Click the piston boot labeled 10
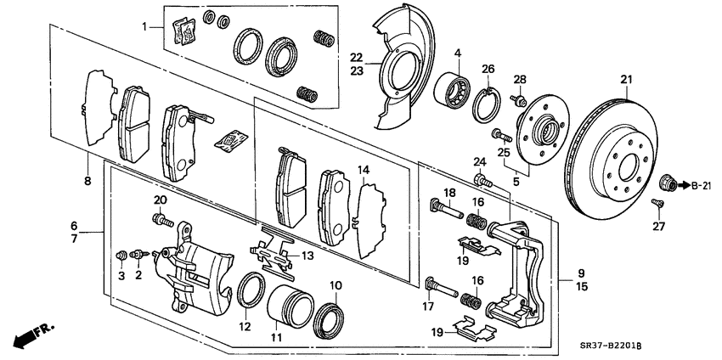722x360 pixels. pos(330,320)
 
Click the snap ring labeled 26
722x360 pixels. pos(488,101)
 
